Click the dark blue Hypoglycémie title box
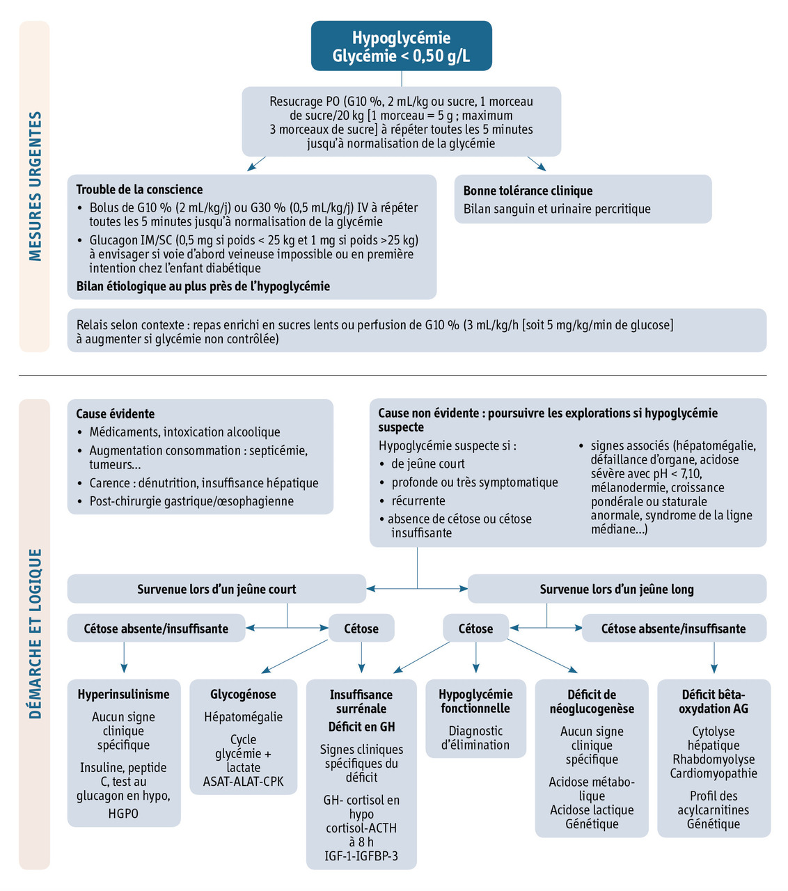[x=401, y=47]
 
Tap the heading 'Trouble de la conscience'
[x=139, y=189]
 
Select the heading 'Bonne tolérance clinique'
[x=528, y=191]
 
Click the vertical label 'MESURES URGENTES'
[x=35, y=186]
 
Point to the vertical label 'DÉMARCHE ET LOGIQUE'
[x=35, y=633]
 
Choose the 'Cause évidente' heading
[x=115, y=413]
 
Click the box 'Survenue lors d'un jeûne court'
[x=216, y=589]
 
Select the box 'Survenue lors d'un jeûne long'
[x=617, y=589]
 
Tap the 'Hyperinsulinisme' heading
[x=123, y=694]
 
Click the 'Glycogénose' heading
[x=243, y=694]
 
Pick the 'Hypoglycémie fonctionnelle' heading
[x=475, y=701]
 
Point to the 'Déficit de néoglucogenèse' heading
[x=592, y=701]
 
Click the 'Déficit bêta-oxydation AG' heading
[x=714, y=701]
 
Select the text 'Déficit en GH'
[x=361, y=727]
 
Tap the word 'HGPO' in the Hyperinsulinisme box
[x=123, y=813]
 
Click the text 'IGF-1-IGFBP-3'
[x=361, y=855]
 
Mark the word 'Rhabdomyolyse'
[x=714, y=759]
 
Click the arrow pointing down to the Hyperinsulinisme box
[x=124, y=657]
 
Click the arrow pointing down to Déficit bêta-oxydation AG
[x=714, y=657]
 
